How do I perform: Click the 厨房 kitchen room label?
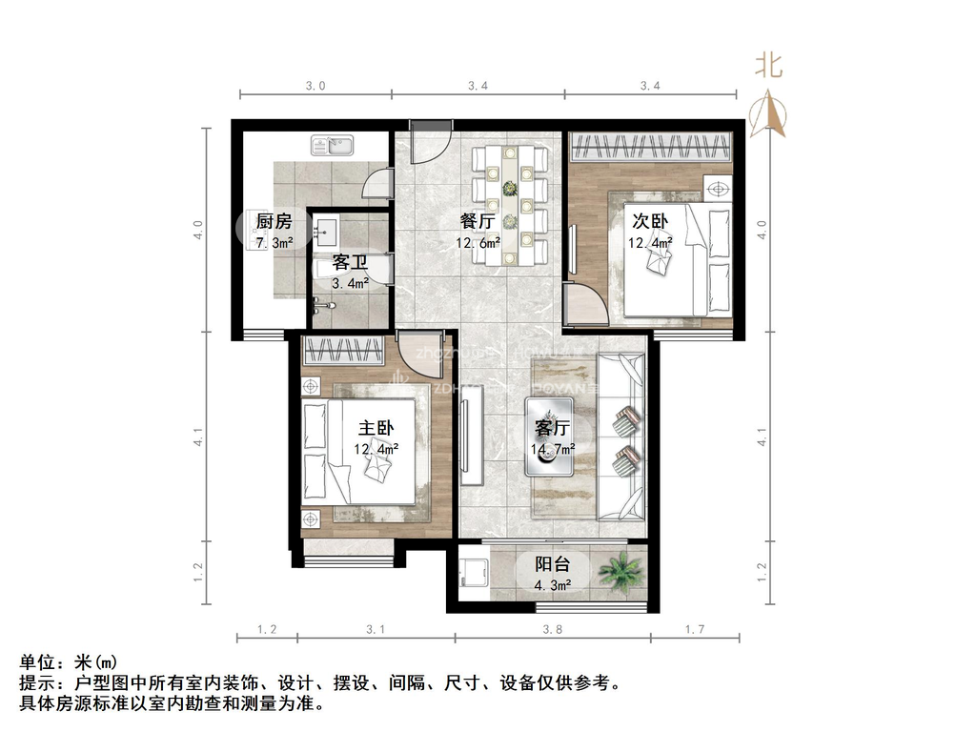point(273,222)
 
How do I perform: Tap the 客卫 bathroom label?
point(350,262)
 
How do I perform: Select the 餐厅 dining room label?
point(478,221)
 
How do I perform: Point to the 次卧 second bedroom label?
point(649,221)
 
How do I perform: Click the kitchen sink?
point(332,146)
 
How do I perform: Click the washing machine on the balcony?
point(471,576)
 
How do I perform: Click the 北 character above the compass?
point(769,65)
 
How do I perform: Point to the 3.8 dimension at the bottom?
point(553,630)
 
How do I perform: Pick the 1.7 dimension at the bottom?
point(694,630)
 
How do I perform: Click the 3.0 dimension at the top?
point(315,86)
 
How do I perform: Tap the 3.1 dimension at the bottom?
point(375,630)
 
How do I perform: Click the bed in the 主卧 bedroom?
point(359,451)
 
